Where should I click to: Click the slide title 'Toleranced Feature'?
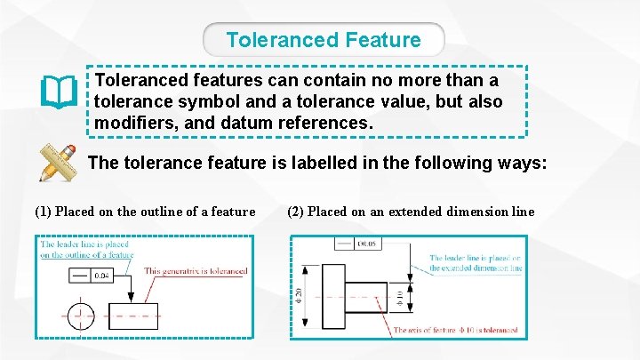(324, 40)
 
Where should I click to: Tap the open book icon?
(59, 92)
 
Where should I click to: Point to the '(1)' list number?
(43, 212)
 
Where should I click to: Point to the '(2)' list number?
(296, 212)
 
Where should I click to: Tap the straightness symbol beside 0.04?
(78, 276)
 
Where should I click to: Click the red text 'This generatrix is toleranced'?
(196, 271)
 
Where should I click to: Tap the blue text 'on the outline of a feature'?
(86, 255)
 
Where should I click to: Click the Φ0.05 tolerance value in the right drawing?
(367, 243)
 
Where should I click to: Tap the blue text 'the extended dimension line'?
(475, 268)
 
